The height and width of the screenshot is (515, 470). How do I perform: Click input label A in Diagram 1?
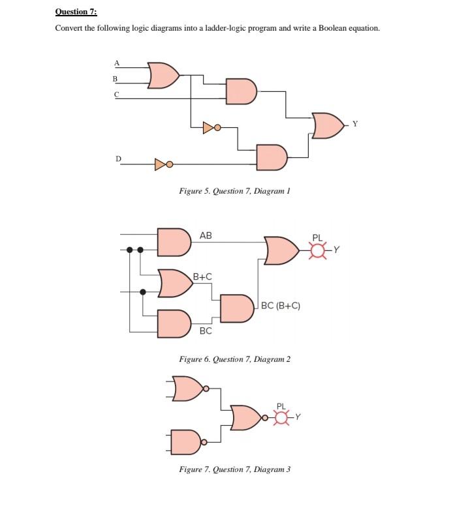pos(117,63)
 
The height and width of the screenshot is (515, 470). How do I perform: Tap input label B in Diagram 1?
pos(116,79)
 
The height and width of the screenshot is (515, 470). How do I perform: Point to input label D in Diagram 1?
pos(118,158)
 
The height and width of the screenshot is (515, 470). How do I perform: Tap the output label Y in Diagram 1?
pos(355,123)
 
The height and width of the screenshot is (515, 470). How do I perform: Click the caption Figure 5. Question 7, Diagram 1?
pos(234,191)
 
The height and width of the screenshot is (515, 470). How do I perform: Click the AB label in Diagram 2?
pos(206,235)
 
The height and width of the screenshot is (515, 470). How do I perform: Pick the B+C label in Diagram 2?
pos(203,276)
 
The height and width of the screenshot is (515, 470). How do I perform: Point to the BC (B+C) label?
pos(280,306)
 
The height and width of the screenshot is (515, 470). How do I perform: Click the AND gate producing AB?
pos(174,241)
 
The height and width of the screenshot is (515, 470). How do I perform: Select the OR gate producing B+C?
pos(173,282)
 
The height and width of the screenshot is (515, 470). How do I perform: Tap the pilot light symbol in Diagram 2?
pos(318,250)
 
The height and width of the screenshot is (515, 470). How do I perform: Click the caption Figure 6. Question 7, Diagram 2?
pos(234,359)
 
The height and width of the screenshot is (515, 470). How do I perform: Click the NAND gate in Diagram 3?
pos(187,441)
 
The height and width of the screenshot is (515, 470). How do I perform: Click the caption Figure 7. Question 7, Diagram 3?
pos(234,469)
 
